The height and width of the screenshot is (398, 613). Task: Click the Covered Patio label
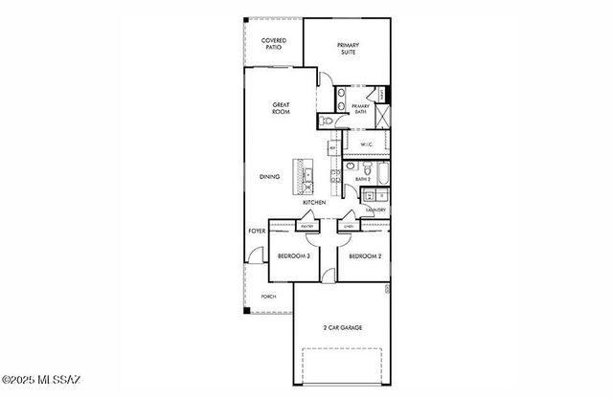273,43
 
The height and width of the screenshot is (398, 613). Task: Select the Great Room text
281,108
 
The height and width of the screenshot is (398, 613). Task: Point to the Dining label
269,177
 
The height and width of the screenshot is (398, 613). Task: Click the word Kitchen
315,203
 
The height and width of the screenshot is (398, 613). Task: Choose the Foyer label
257,232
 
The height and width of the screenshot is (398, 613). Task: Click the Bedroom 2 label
365,256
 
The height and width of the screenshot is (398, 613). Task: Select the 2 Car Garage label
342,328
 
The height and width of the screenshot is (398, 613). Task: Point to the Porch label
269,297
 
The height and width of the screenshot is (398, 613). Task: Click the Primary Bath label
361,108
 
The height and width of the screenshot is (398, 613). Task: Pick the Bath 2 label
363,179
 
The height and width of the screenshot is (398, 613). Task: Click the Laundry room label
376,210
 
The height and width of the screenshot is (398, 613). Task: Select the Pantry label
307,226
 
